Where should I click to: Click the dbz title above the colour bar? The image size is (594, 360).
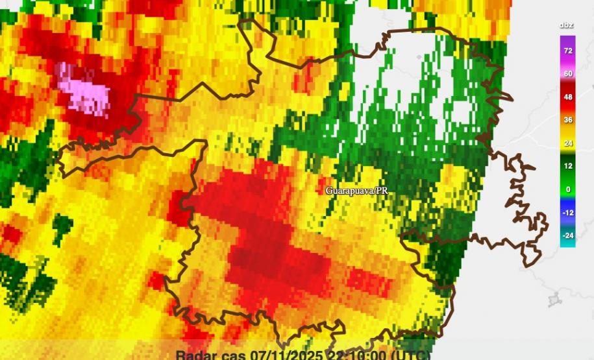click(567, 26)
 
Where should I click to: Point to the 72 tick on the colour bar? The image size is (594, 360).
click(568, 50)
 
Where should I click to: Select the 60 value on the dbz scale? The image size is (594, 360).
click(568, 73)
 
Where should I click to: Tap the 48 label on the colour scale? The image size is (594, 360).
click(568, 97)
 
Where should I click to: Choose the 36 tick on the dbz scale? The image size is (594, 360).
click(568, 120)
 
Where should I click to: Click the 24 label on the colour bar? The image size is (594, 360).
click(568, 143)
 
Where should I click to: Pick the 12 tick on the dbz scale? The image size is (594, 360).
click(568, 166)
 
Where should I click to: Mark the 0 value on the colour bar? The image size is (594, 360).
click(568, 189)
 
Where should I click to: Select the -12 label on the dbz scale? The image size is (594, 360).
click(568, 213)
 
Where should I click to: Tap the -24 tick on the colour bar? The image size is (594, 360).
click(568, 235)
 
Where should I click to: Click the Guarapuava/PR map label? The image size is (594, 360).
click(357, 191)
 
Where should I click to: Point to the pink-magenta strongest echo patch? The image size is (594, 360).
click(84, 88)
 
